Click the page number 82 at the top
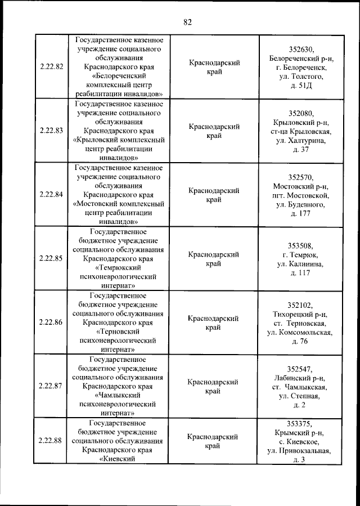tap(187, 22)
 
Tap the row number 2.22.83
tap(51, 131)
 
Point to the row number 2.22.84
tap(51, 195)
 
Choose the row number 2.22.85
tap(51, 258)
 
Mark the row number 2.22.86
tap(51, 323)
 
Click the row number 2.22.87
tap(51, 386)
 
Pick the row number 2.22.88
tap(51, 441)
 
